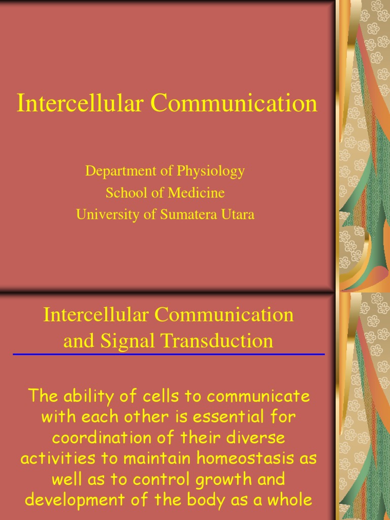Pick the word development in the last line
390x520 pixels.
[x=77, y=500]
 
